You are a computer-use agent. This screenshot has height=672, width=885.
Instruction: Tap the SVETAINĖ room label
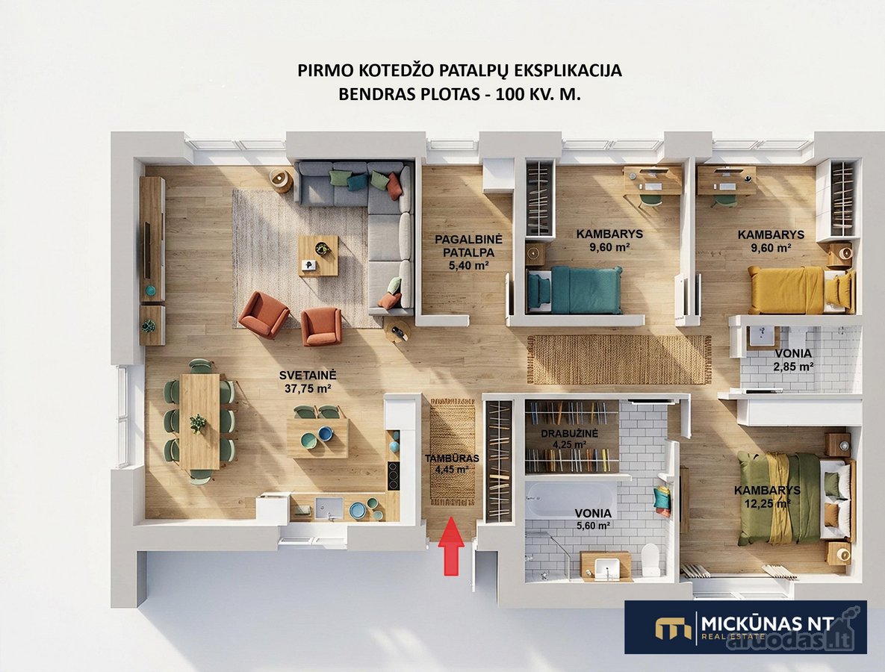[x=308, y=376]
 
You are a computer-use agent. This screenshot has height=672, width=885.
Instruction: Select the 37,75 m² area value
[x=308, y=389]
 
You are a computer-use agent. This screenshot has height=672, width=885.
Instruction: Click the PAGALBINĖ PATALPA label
[x=468, y=246]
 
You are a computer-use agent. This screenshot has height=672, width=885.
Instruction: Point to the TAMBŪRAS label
[x=452, y=458]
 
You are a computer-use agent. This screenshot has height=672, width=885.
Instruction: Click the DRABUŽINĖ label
[x=570, y=433]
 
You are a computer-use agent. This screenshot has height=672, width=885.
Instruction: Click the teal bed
[x=574, y=290]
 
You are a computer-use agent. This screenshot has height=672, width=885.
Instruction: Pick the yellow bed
[x=801, y=290]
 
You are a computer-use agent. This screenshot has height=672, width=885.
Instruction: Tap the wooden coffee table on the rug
[x=318, y=255]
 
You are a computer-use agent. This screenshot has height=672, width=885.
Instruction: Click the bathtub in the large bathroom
[x=570, y=499]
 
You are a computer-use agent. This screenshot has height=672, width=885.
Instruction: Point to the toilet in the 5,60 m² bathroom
[x=650, y=559]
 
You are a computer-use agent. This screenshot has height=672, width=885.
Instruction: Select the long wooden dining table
[x=200, y=421]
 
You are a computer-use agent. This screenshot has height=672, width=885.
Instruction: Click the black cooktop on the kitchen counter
[x=394, y=476]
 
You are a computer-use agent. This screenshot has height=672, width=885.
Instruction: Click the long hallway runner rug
[x=619, y=359]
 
